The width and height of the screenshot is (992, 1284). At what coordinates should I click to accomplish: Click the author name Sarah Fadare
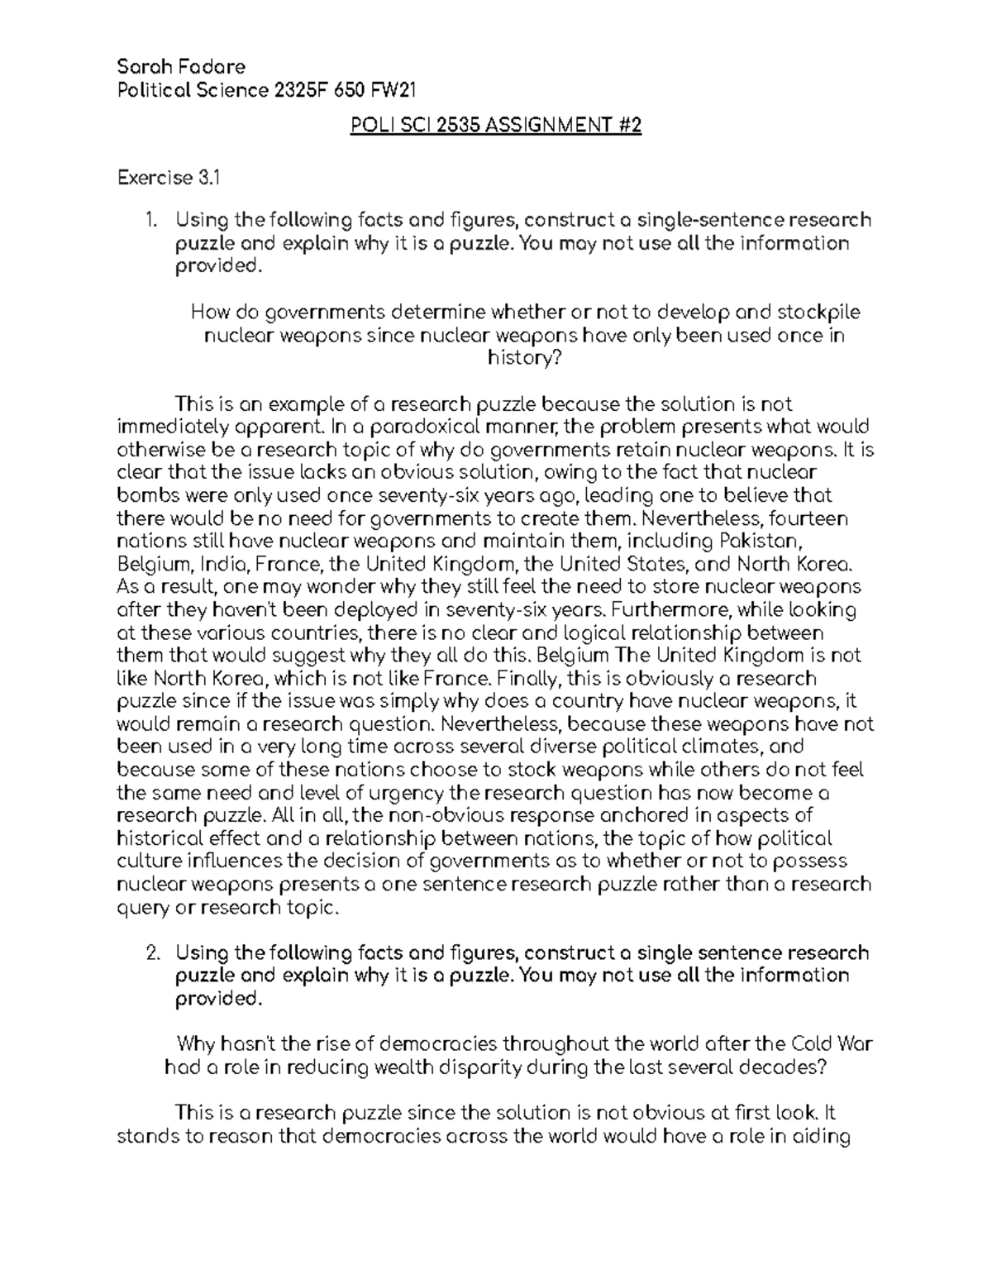(181, 66)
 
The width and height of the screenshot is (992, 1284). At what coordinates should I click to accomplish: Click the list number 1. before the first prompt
(150, 220)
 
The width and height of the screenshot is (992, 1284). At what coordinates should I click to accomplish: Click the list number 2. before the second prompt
(151, 952)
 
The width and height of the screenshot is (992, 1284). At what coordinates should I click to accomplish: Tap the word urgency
(412, 794)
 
